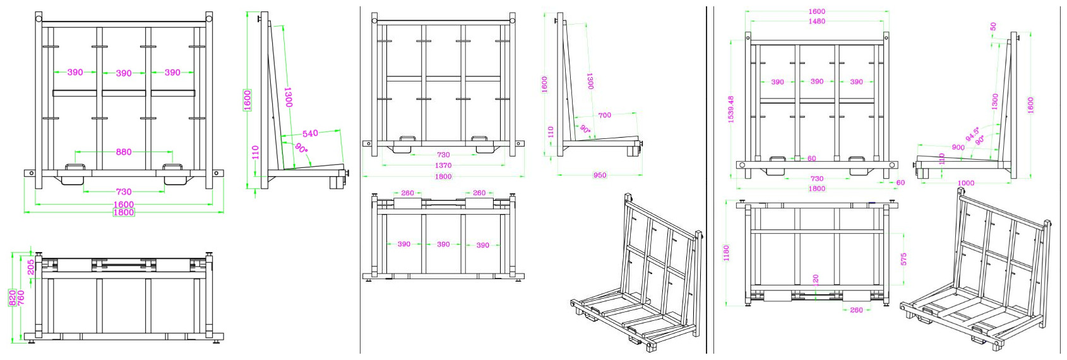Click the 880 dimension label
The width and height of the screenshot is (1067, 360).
pyautogui.click(x=124, y=152)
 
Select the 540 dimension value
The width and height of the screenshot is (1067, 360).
pyautogui.click(x=310, y=133)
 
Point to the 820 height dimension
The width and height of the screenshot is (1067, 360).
pyautogui.click(x=13, y=297)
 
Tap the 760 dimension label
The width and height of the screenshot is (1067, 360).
pyautogui.click(x=21, y=297)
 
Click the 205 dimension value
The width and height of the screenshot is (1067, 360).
pyautogui.click(x=31, y=267)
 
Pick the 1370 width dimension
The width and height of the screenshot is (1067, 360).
pyautogui.click(x=443, y=165)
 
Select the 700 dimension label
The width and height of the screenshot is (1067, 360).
pyautogui.click(x=604, y=115)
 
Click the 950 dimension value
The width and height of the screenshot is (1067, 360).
pyautogui.click(x=600, y=175)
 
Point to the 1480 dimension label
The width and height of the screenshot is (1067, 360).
pyautogui.click(x=817, y=21)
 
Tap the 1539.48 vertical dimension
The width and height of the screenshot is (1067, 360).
pyautogui.click(x=731, y=109)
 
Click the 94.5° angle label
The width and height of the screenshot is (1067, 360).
pyautogui.click(x=972, y=134)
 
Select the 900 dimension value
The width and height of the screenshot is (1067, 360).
pyautogui.click(x=958, y=147)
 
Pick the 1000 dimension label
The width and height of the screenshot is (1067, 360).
pyautogui.click(x=966, y=183)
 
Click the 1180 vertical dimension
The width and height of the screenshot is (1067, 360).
pyautogui.click(x=727, y=253)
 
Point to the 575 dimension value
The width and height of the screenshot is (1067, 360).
pyautogui.click(x=903, y=259)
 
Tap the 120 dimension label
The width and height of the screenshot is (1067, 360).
pyautogui.click(x=816, y=279)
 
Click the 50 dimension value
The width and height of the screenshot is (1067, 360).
pyautogui.click(x=993, y=27)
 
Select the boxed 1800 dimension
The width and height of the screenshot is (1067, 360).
pyautogui.click(x=124, y=212)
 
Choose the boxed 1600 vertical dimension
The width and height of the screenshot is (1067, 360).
pyautogui.click(x=247, y=100)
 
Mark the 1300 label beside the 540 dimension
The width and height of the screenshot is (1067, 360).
pyautogui.click(x=288, y=97)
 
